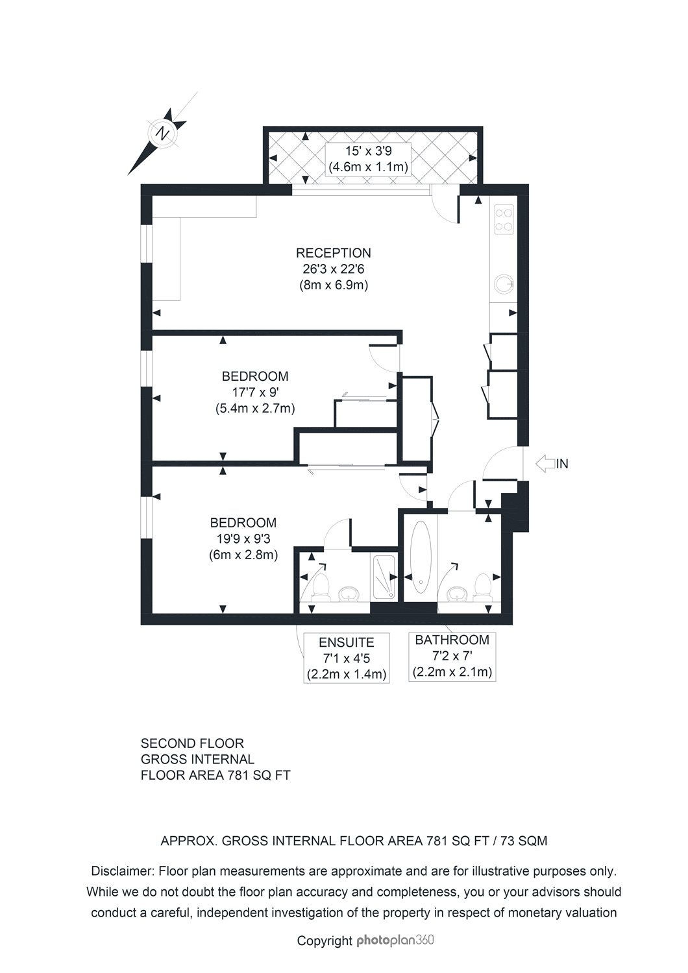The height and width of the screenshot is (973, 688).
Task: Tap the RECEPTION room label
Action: pos(334,253)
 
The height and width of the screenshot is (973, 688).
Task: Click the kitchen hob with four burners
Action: pos(504,219)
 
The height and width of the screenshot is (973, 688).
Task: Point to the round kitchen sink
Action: pos(503,283)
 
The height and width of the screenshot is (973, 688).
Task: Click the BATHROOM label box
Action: pos(452,656)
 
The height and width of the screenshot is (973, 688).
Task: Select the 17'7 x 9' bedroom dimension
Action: pos(256,392)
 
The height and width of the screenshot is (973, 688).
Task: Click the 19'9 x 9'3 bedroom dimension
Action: pos(243,539)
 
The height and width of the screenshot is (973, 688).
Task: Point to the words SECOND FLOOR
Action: pos(183,743)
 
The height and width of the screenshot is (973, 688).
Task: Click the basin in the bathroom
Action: pos(459,594)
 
